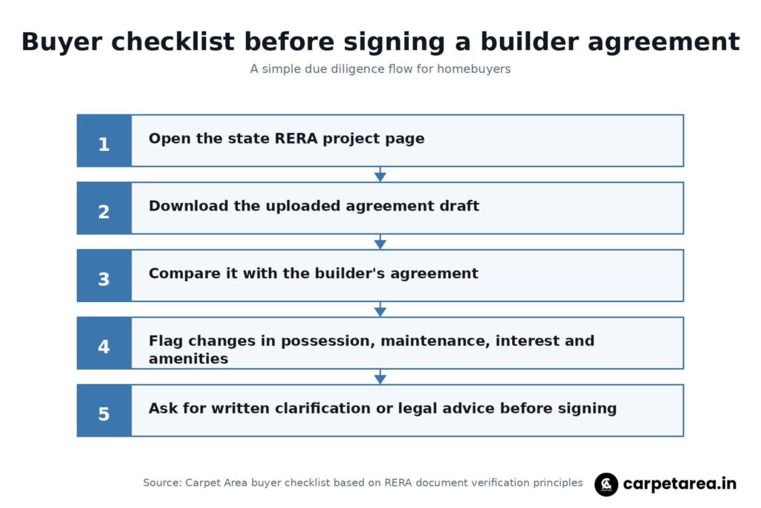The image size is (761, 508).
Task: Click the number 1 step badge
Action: point(104,141)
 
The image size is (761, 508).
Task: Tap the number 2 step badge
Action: point(104,208)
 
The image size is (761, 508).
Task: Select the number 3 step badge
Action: point(104,276)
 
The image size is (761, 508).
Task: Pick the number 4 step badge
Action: point(104,344)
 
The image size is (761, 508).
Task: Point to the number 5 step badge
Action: point(104,411)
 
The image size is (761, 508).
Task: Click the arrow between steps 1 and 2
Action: point(380,174)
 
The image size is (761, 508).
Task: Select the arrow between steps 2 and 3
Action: point(380,242)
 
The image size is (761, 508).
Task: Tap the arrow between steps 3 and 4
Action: point(380,309)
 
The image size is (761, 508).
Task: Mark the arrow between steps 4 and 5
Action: point(380,377)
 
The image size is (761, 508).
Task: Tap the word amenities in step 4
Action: point(188,359)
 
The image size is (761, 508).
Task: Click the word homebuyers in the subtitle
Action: point(473,69)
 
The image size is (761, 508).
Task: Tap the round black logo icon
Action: point(606,484)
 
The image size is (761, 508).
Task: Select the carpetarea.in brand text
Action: point(679,483)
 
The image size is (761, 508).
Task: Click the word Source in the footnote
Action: point(163,483)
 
